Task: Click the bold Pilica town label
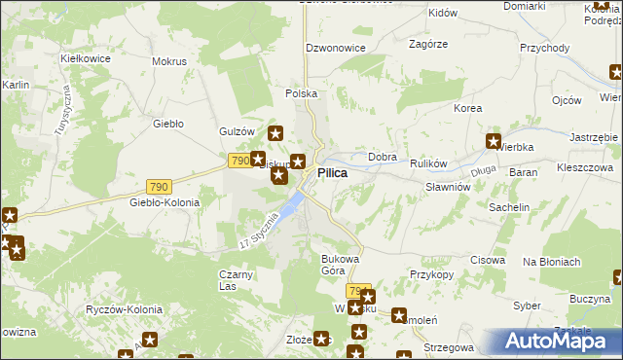[x=333, y=172]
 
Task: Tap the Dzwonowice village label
[x=336, y=47]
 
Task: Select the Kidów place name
[x=443, y=13]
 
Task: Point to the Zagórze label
[x=428, y=44]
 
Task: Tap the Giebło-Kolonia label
[x=165, y=202]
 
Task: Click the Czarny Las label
[x=237, y=280]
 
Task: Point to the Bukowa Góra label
[x=341, y=265]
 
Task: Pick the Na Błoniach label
[x=552, y=262]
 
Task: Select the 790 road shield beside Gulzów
[x=239, y=160]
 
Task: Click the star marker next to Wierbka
[x=493, y=141]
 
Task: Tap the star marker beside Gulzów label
[x=275, y=134]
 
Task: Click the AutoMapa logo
[x=559, y=342]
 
